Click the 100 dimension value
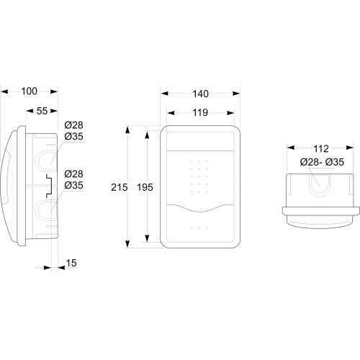[x=30, y=91]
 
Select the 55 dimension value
[x=42, y=111]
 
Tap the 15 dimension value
[x=71, y=263]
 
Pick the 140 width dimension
[x=200, y=94]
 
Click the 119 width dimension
[x=200, y=112]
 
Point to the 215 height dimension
[x=120, y=187]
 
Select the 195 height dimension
[x=145, y=187]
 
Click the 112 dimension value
[x=321, y=149]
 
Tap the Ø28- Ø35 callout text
[x=322, y=162]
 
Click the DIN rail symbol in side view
[x=49, y=186]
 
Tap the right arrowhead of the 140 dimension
[x=236, y=94]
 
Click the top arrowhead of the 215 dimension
[x=127, y=130]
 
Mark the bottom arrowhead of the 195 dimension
[x=147, y=238]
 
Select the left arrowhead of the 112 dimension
[x=291, y=148]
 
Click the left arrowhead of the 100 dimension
[x=4, y=91]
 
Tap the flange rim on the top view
[x=318, y=211]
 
